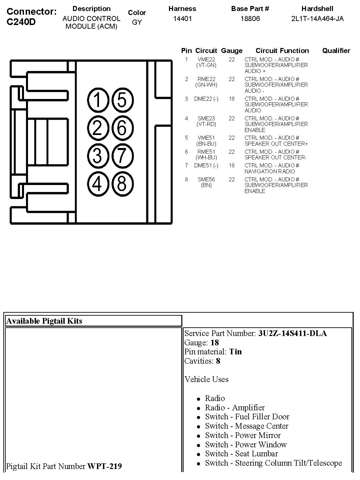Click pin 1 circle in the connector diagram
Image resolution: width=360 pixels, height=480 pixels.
point(97,100)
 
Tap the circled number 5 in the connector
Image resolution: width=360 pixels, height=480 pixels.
point(122,100)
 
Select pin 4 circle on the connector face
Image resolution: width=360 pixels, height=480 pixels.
point(97,184)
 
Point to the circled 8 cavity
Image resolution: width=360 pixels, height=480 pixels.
point(122,184)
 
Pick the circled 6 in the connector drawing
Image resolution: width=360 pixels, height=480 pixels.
point(122,128)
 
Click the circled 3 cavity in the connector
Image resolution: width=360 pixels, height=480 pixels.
point(97,156)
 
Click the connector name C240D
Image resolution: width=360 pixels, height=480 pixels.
point(21,22)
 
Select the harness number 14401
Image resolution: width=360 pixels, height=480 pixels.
point(182,19)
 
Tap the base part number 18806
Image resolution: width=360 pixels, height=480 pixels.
point(250,19)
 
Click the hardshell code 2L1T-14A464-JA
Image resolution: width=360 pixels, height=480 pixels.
point(317,19)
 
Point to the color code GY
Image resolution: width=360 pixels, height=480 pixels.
point(137,23)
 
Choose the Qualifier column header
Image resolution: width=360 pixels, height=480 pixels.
point(336,51)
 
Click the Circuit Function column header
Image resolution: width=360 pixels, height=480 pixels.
point(282,51)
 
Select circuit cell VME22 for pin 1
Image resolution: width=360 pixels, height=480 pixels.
point(206,60)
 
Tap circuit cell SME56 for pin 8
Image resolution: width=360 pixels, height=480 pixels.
point(206,179)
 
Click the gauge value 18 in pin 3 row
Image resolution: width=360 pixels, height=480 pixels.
point(232,99)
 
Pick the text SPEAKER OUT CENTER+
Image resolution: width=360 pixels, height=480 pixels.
point(276,144)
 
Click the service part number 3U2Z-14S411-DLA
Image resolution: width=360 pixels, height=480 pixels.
point(292,333)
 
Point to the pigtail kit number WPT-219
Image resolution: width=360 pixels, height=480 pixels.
point(104,466)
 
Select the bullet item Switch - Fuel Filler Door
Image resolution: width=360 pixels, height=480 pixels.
point(247,417)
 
